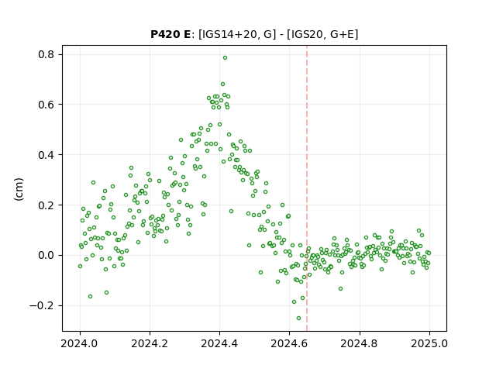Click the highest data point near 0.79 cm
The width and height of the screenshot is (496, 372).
coord(225,58)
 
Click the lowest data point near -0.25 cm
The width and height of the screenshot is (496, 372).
coord(298,319)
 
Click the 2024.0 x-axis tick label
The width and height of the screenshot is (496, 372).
coord(80,343)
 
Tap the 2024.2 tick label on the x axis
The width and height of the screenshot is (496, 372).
coord(150,343)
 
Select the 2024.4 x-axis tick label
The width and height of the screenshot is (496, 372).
coord(219,343)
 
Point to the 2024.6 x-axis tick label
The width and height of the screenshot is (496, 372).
coord(289,343)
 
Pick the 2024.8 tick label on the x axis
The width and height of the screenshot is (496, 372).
coord(359,343)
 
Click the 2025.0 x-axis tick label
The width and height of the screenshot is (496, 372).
coord(429,343)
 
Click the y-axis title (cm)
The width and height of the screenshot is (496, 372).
coord(19,189)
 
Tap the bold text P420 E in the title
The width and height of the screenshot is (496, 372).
coord(170,34)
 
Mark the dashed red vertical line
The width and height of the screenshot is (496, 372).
coord(307,188)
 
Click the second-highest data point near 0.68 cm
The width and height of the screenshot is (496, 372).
coord(222,84)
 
